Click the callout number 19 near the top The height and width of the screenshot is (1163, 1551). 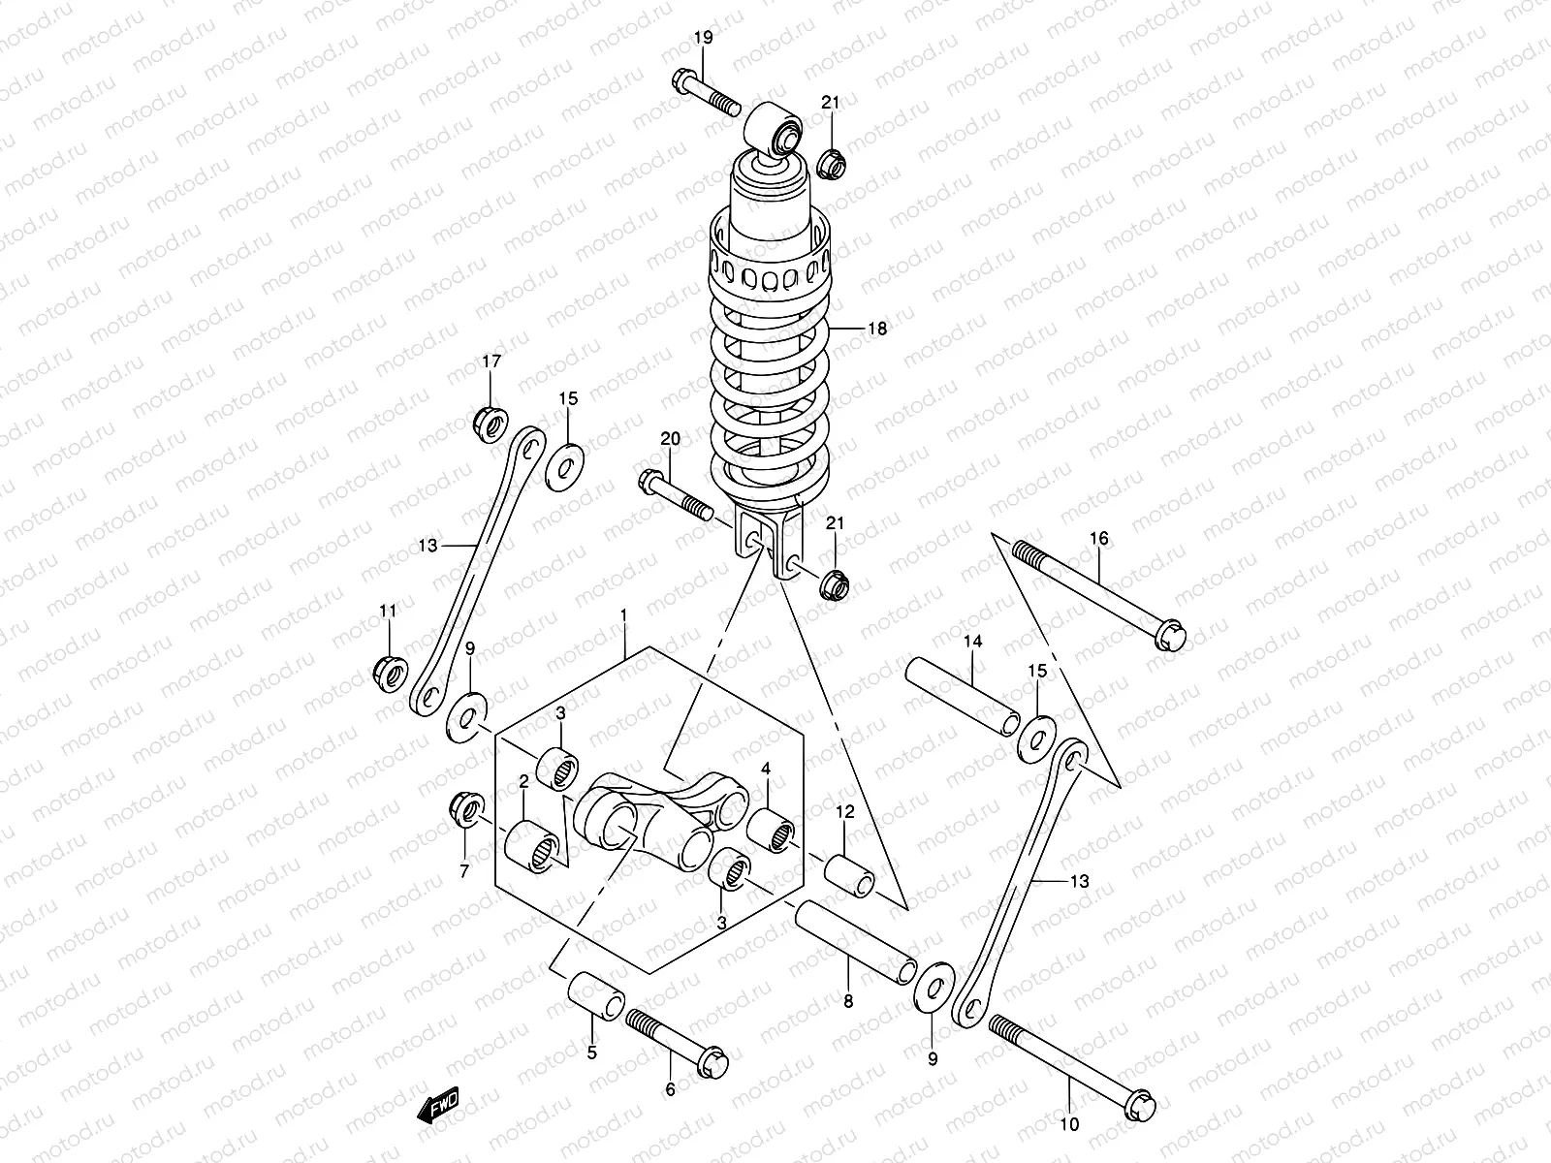pos(703,38)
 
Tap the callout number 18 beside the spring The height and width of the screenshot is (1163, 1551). pos(876,329)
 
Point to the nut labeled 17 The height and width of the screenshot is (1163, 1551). pos(490,424)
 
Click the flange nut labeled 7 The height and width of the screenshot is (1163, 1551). pos(462,809)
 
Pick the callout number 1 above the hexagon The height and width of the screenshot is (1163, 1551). pos(624,616)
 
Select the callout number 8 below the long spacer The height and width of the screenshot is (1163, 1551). pos(848,1002)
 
